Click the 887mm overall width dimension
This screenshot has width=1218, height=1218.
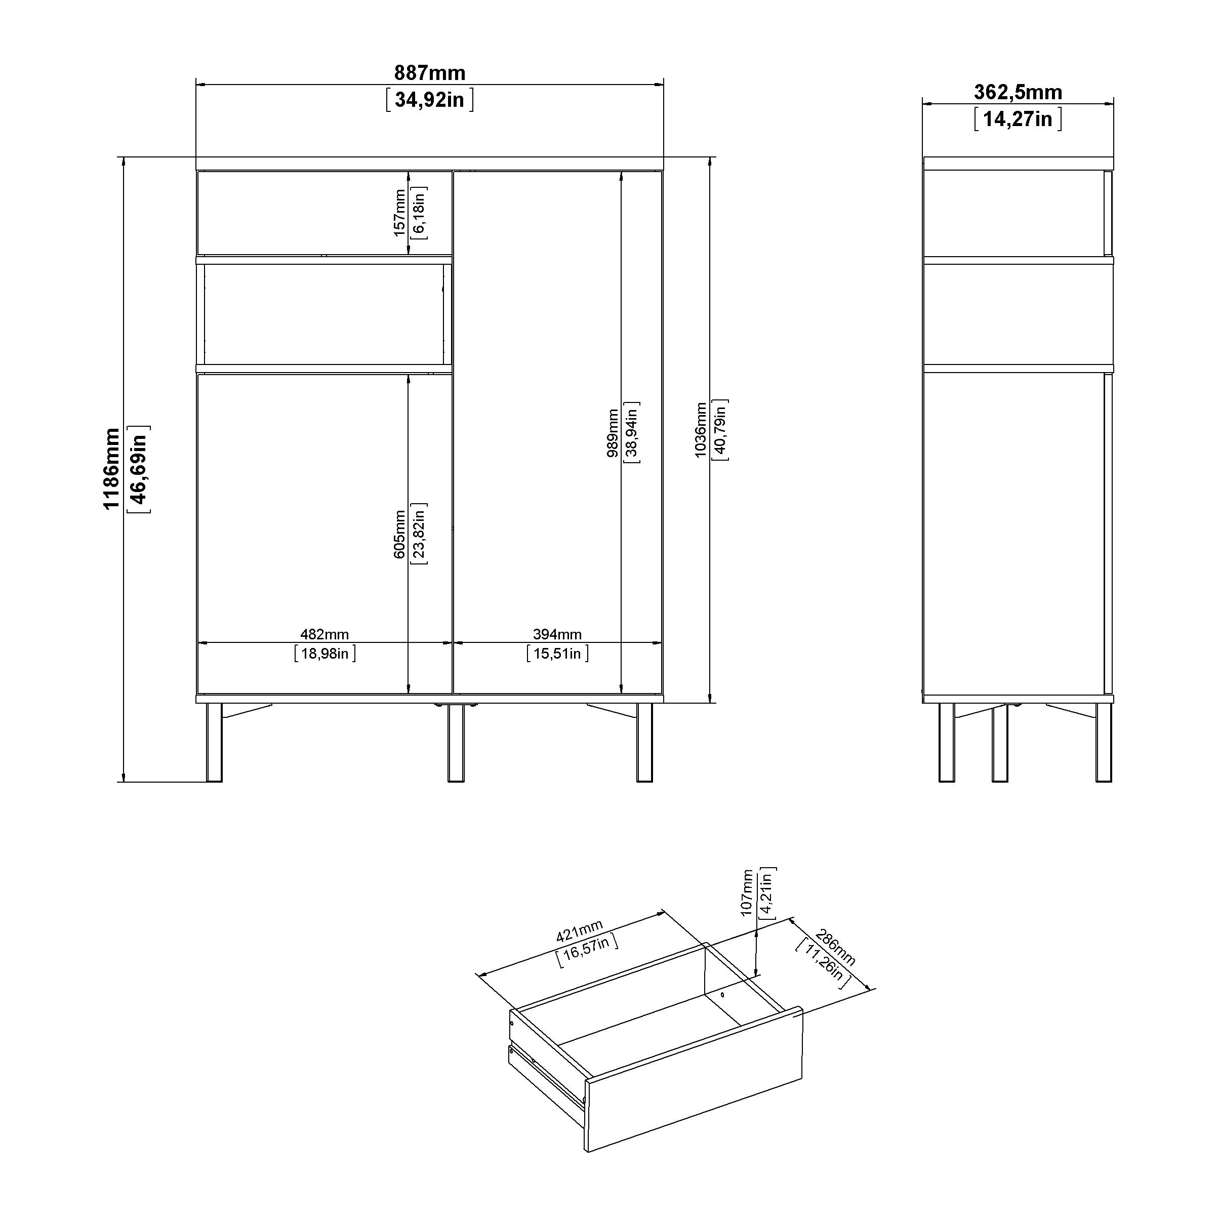(x=429, y=73)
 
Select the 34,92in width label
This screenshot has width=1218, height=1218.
(x=429, y=100)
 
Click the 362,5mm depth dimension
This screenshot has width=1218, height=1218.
(x=1018, y=92)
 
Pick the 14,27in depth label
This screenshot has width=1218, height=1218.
(x=1018, y=118)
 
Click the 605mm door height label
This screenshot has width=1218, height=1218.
(x=400, y=534)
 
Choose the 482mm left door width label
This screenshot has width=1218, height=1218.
(x=324, y=634)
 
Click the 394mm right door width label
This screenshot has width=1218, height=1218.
(x=557, y=634)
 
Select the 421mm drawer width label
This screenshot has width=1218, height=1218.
(x=579, y=931)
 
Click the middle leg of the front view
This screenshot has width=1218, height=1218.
(x=456, y=743)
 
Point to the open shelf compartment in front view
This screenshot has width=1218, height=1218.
(x=324, y=314)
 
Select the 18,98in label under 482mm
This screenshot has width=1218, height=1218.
(x=324, y=654)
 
